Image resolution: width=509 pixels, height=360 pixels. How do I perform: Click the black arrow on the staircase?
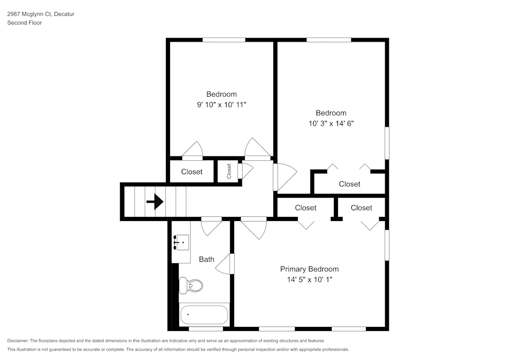pos(155,202)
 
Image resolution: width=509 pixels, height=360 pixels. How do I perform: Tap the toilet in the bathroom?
pos(191,285)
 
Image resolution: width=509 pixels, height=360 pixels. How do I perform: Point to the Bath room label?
pos(207,259)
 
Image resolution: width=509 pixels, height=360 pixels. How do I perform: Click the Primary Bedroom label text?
pos(309,269)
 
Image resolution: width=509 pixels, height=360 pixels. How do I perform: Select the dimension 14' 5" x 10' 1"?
pos(309,280)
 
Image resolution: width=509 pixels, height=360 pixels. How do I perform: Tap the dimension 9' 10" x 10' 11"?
pos(221,104)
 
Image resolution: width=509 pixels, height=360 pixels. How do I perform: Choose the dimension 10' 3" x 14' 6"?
pos(331,123)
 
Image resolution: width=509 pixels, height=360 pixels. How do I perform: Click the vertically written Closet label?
pos(229,171)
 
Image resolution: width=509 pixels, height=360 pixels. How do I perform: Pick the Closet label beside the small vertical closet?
pos(192,172)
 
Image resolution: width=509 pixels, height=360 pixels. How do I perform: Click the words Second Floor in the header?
pos(24,23)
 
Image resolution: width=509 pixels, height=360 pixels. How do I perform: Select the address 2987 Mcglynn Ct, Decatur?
pos(41,14)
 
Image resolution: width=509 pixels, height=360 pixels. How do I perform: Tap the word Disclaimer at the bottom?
pos(18,341)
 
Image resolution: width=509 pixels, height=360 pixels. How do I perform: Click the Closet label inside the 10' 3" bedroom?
pos(350,184)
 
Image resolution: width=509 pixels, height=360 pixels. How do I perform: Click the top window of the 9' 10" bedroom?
pos(224,40)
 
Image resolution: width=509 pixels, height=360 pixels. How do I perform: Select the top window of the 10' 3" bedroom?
pos(329,40)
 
